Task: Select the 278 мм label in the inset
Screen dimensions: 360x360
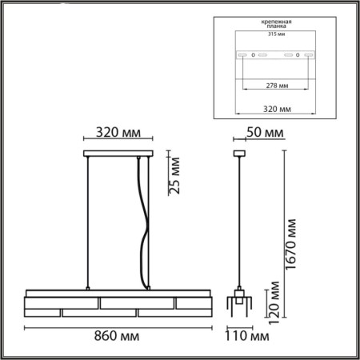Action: pyautogui.click(x=276, y=86)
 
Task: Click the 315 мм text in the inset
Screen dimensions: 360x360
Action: pyautogui.click(x=275, y=34)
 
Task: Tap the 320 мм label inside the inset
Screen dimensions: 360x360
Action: pyautogui.click(x=275, y=107)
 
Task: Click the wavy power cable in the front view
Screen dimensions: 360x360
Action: pyautogui.click(x=144, y=224)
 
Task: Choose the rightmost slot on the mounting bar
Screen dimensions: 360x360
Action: pyautogui.click(x=310, y=54)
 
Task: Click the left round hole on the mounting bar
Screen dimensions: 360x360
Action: pyautogui.click(x=254, y=54)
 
